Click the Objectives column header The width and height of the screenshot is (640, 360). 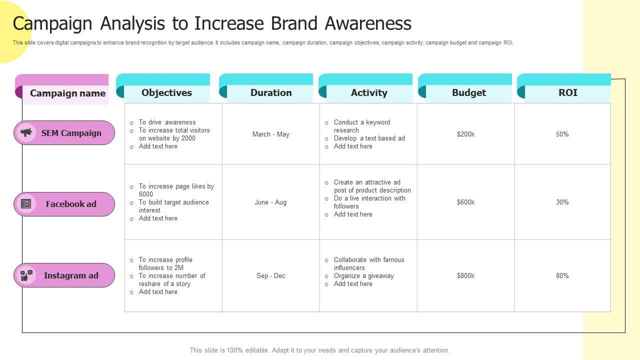coord(166,92)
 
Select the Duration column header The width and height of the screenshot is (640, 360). coord(271,92)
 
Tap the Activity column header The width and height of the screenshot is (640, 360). coord(369,92)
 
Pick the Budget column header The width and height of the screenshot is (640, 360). coord(468,92)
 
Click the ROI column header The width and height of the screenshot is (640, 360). coord(567,92)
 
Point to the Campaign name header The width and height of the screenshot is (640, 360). coord(67,93)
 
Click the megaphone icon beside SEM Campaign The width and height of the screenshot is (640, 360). coord(26,132)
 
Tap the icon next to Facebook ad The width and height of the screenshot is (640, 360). coord(26,204)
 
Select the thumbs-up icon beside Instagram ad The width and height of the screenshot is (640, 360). coord(26,275)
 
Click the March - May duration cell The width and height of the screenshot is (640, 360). coord(270,134)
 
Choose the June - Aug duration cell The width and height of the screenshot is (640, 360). coord(270,202)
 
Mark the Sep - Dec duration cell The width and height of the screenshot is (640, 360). coord(270,275)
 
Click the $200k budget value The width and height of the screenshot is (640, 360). coord(465,134)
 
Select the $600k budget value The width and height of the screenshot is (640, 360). coord(465,202)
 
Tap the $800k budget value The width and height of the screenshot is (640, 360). coord(465,275)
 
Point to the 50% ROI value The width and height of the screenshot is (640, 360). coord(562,134)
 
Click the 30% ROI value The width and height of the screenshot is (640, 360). coord(562,202)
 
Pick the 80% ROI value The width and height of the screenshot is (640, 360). coord(562,275)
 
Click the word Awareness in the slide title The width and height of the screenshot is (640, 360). coord(368,23)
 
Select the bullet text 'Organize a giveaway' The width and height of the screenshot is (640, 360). coord(363,275)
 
